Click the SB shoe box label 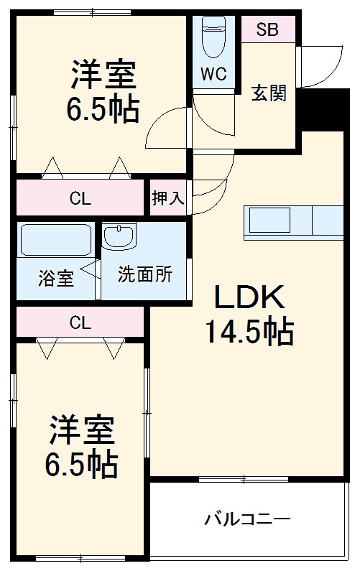[267, 30]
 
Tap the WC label [214, 74]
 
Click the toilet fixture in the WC [214, 37]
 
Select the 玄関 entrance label [269, 93]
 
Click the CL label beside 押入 [80, 199]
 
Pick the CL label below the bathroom [80, 322]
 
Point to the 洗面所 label [144, 274]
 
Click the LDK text [249, 296]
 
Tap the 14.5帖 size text [249, 331]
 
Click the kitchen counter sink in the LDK [269, 218]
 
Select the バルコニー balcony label [247, 518]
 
